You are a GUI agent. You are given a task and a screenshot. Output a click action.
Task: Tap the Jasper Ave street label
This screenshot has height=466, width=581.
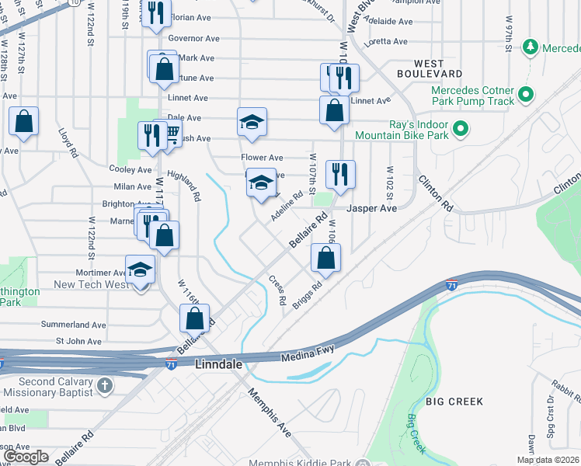[x=371, y=209]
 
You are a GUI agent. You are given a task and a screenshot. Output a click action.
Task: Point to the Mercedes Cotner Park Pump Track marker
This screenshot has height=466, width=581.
[x=526, y=96]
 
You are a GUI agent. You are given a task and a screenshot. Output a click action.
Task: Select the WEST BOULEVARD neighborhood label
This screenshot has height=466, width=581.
[x=440, y=68]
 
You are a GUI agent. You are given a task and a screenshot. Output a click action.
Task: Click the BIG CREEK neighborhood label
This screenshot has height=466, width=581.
[x=454, y=402]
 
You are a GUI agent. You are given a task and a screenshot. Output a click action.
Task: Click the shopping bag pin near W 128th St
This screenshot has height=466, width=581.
[x=24, y=122]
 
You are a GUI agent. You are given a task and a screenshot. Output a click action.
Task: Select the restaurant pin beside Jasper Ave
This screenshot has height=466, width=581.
[x=339, y=174]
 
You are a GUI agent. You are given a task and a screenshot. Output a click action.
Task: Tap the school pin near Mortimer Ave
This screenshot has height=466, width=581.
[x=141, y=270]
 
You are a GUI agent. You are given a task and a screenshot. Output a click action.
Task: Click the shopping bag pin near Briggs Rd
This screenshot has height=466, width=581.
[x=325, y=258]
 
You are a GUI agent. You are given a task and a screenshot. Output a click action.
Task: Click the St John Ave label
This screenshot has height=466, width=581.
[x=78, y=341]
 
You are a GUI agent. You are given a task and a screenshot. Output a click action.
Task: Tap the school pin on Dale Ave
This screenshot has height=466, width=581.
[x=252, y=122]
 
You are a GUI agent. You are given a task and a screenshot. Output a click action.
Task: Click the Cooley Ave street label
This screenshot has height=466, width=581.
[x=130, y=169]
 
